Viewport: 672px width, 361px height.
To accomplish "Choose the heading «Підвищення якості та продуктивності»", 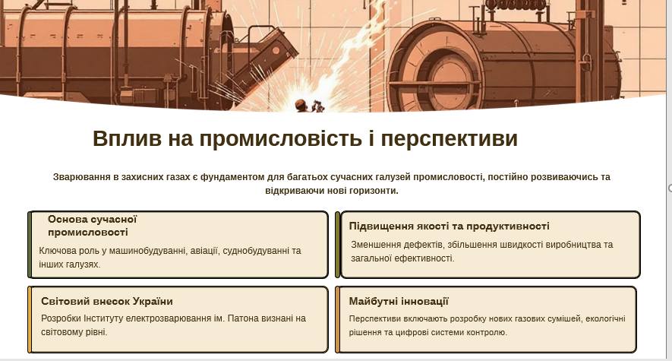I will tap(449, 226).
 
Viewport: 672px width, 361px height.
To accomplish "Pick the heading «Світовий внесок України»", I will tap(107, 301).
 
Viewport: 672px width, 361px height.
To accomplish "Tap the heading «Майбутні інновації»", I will tap(399, 301).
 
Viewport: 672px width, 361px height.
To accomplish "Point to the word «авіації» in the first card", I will tap(200, 250).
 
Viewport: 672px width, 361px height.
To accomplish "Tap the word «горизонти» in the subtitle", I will tap(374, 190).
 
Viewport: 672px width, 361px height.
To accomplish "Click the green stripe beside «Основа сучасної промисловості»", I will tap(30, 245).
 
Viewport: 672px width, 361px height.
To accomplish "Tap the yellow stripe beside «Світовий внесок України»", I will tap(30, 319).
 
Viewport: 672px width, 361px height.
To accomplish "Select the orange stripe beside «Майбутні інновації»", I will tap(337, 319).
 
